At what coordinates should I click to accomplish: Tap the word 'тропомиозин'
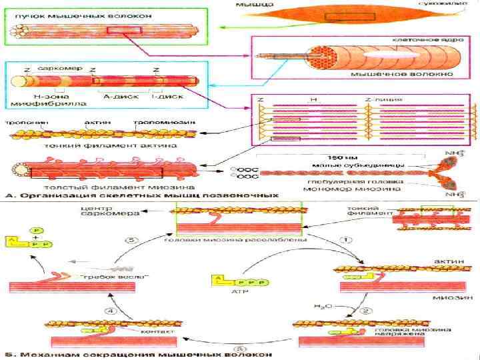161,123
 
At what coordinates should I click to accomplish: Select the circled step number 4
113,309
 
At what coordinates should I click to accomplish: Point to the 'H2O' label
322,306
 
